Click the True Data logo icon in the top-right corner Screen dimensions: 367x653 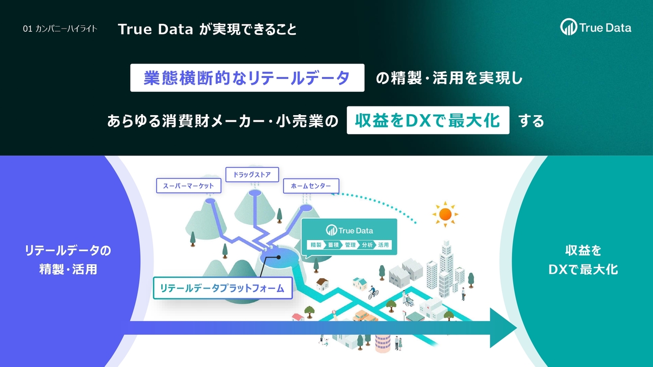click(568, 27)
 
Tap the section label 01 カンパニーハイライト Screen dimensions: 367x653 click(60, 29)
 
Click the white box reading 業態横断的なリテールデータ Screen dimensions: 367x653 click(247, 77)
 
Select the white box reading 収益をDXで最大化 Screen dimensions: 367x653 click(428, 120)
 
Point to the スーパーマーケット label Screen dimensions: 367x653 click(188, 186)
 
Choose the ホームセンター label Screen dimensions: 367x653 click(311, 186)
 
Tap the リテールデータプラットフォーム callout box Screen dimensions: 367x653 click(222, 288)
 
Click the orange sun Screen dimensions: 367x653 click(445, 214)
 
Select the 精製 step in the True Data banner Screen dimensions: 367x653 click(316, 245)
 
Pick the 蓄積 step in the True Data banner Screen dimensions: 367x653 click(334, 245)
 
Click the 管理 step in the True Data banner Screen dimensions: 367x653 click(350, 245)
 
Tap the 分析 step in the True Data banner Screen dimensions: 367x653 click(367, 245)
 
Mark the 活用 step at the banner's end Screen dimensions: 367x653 click(384, 245)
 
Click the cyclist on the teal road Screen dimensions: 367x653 click(373, 292)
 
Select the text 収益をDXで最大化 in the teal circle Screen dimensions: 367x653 click(583, 260)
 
